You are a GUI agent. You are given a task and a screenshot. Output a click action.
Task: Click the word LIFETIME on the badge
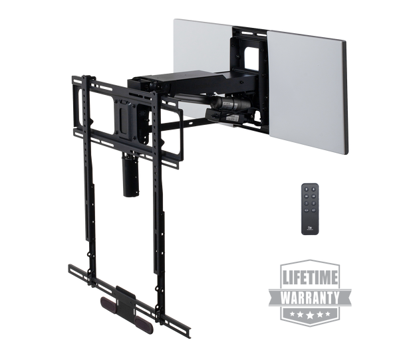tap(310, 278)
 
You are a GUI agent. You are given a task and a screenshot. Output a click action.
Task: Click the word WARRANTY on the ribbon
tap(310, 298)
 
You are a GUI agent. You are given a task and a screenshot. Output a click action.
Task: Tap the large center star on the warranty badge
tap(310, 315)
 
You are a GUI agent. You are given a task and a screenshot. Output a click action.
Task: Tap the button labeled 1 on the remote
tap(306, 203)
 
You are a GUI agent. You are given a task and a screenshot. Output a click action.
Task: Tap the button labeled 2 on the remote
tap(313, 203)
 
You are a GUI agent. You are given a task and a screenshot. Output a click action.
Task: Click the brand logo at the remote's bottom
tap(310, 228)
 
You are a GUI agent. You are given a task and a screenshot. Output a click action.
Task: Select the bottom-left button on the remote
tap(306, 211)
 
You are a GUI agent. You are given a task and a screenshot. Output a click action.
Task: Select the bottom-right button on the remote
tap(313, 211)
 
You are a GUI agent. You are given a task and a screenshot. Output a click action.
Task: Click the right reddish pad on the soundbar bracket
tap(144, 324)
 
